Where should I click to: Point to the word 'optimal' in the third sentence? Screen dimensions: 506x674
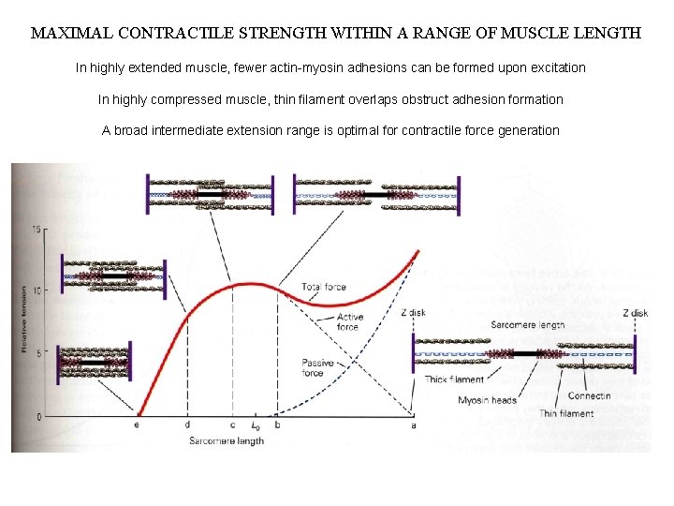pos(374,130)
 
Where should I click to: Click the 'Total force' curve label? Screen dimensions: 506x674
pos(324,287)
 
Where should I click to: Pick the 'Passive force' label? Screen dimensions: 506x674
pos(339,368)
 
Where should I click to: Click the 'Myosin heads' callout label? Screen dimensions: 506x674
pos(486,401)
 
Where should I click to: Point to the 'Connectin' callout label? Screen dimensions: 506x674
pos(589,395)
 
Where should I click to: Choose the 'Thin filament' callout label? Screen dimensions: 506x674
pos(565,413)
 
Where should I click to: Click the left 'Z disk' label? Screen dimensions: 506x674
pos(413,313)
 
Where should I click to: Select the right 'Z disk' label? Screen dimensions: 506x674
pos(635,313)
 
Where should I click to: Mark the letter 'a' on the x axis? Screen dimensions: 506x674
pos(413,424)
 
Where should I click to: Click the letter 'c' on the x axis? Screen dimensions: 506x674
pos(231,424)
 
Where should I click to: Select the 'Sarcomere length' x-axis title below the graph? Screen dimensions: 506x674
pos(226,440)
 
